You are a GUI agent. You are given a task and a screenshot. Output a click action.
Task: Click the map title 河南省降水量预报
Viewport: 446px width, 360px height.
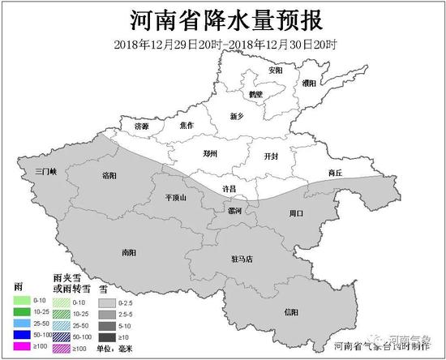pyautogui.click(x=224, y=19)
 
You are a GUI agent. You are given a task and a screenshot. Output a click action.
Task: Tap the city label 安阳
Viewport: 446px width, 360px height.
pyautogui.click(x=276, y=71)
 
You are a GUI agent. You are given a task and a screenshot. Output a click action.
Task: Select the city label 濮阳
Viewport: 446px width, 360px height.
pyautogui.click(x=309, y=84)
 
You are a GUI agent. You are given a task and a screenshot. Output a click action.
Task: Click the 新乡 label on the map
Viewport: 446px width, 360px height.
pyautogui.click(x=237, y=117)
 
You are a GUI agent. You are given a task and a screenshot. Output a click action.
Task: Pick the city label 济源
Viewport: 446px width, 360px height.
pyautogui.click(x=142, y=126)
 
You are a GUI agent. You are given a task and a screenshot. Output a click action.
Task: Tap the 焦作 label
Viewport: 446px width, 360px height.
pyautogui.click(x=187, y=125)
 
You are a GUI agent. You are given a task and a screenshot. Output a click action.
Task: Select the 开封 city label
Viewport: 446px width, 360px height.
pyautogui.click(x=272, y=156)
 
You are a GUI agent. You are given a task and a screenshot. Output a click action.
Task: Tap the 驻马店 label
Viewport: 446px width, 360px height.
pyautogui.click(x=242, y=259)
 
